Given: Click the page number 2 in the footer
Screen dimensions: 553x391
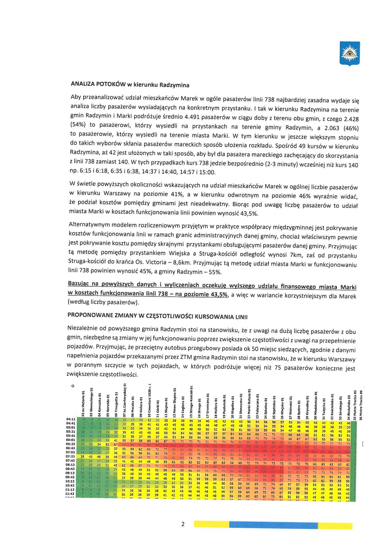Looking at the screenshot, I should coord(183,524).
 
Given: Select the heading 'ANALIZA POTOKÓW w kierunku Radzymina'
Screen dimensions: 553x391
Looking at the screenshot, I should coord(130,85).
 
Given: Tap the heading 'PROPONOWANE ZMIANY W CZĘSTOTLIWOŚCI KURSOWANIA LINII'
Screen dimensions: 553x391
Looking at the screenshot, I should coord(157,316).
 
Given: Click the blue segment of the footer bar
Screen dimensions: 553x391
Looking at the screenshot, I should coord(273,525).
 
